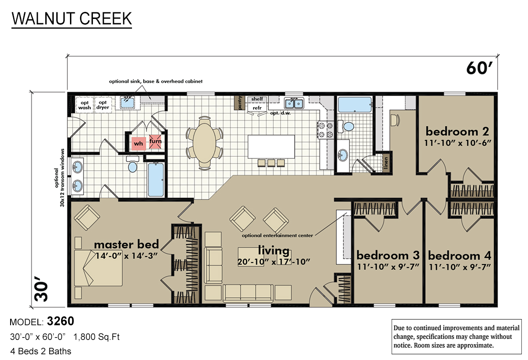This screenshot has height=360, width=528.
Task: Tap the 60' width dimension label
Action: click(478, 70)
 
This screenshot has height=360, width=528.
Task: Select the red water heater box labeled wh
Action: click(138, 143)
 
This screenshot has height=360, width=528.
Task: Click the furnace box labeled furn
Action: click(155, 141)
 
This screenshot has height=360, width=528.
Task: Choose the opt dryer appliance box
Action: click(103, 104)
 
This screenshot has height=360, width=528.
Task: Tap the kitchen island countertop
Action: click(271, 146)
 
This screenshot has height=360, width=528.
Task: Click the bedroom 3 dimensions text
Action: click(388, 266)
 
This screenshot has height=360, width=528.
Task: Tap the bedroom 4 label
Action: click(459, 256)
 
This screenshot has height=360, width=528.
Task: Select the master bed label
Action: click(126, 244)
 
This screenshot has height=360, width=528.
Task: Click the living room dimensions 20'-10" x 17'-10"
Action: click(274, 261)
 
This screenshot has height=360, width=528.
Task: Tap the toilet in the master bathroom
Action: click(132, 166)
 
